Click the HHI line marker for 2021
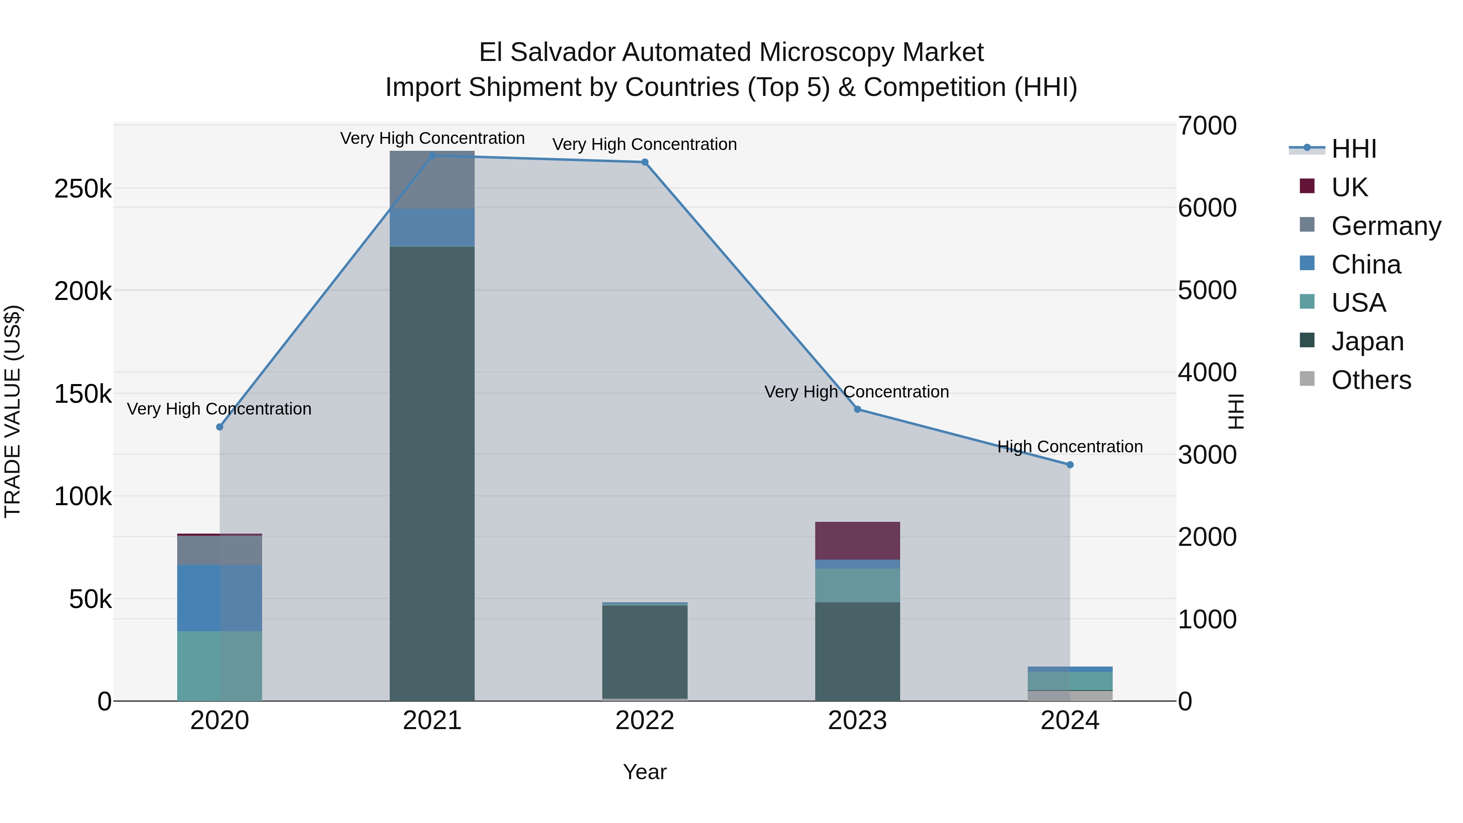[x=432, y=156]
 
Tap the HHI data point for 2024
[x=1070, y=465]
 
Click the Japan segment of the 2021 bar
[x=432, y=471]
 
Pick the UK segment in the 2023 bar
[x=857, y=540]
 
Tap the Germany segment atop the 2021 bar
[x=432, y=180]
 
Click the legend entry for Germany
[x=1386, y=226]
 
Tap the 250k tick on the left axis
[x=83, y=189]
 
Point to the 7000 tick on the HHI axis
[x=1207, y=126]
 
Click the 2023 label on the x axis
[x=857, y=721]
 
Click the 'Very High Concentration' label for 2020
[x=219, y=409]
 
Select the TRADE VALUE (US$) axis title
[x=13, y=411]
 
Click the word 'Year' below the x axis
[x=645, y=772]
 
